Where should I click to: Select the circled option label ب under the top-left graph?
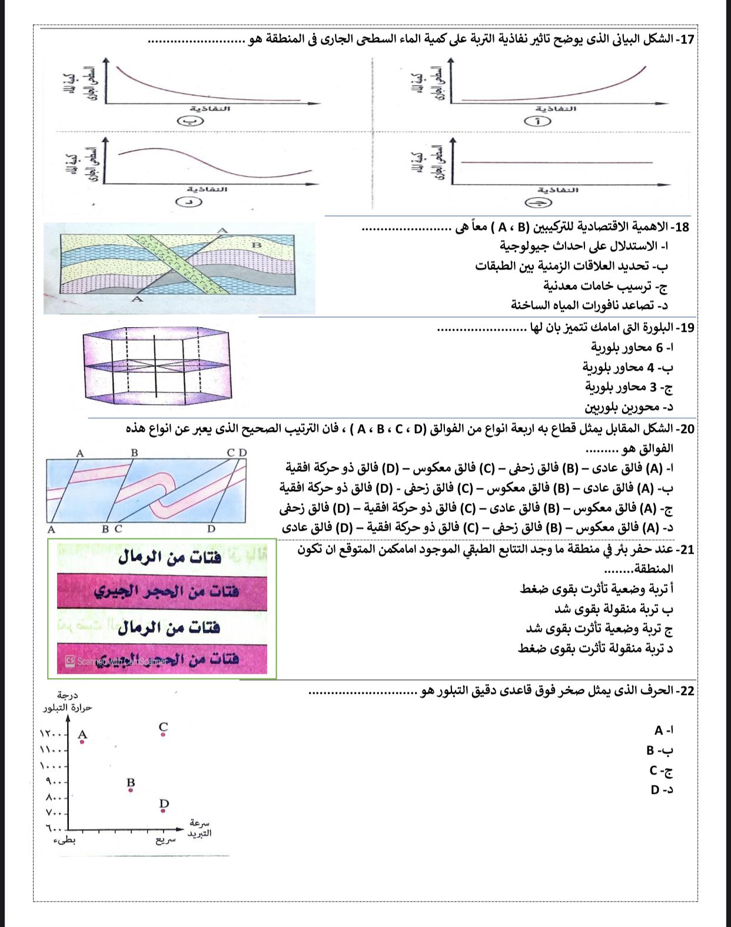tap(190, 122)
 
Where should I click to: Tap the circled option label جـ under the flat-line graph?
tap(538, 203)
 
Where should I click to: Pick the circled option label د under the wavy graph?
tap(190, 202)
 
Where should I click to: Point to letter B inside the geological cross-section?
tap(256, 245)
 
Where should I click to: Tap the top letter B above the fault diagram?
tap(134, 453)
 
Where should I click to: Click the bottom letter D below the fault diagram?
tap(211, 529)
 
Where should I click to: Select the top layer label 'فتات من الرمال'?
tap(170, 557)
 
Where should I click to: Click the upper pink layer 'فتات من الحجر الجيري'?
tap(165, 592)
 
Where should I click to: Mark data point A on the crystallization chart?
tap(82, 742)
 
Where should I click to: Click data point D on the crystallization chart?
tap(163, 811)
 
